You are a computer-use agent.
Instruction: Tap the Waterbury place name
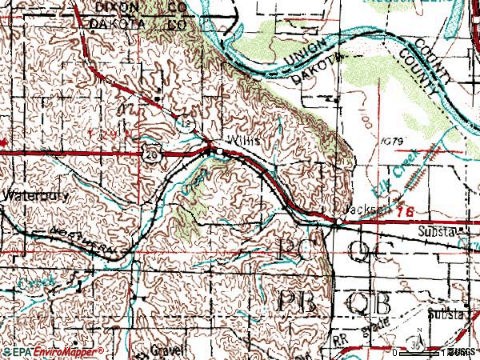pyautogui.click(x=26, y=194)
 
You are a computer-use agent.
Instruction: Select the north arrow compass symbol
pyautogui.click(x=419, y=342)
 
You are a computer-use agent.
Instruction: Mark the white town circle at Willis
pyautogui.click(x=218, y=150)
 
